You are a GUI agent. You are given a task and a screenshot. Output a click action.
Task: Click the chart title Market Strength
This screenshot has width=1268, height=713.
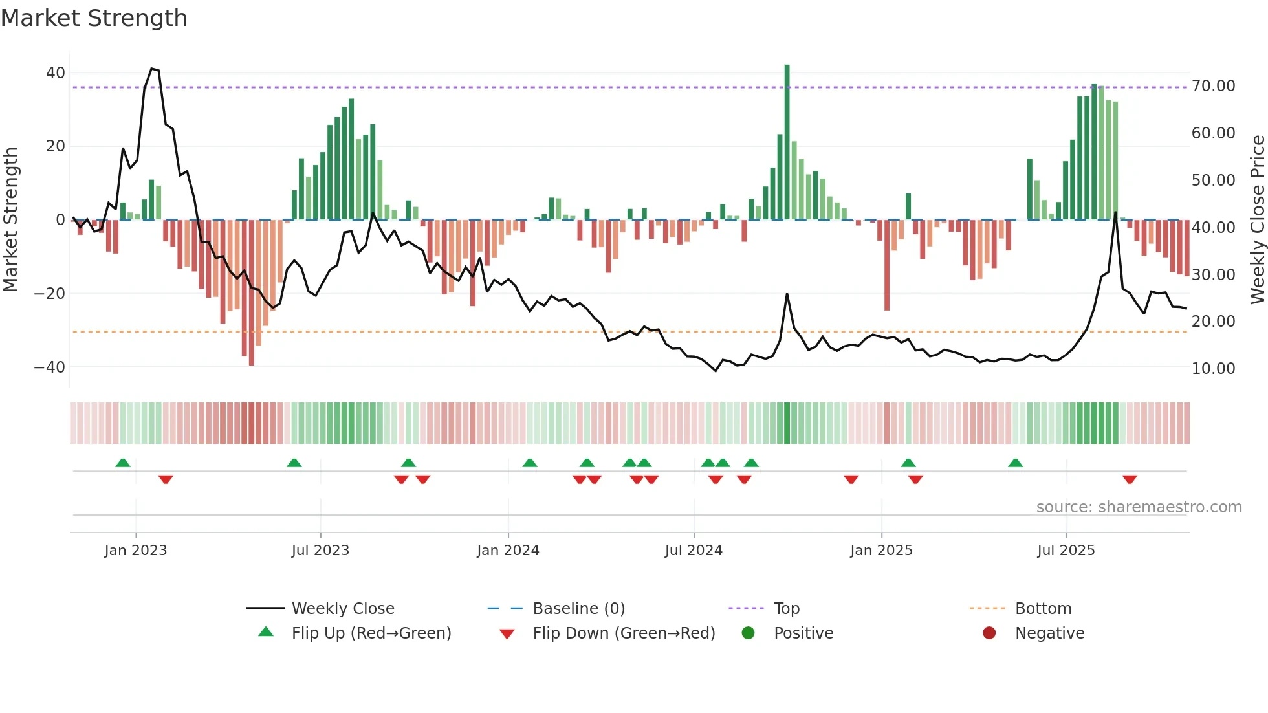pyautogui.click(x=94, y=18)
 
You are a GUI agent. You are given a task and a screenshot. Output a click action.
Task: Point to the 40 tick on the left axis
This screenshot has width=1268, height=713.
pyautogui.click(x=56, y=73)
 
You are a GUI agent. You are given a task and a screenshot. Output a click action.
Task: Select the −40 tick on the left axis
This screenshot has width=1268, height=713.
pyautogui.click(x=49, y=367)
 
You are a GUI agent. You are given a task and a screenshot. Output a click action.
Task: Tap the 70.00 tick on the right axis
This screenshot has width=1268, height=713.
pyautogui.click(x=1213, y=86)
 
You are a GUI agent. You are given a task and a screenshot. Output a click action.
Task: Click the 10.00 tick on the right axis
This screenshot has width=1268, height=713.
pyautogui.click(x=1213, y=369)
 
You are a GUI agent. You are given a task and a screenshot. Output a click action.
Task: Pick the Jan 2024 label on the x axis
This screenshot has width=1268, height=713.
pyautogui.click(x=508, y=551)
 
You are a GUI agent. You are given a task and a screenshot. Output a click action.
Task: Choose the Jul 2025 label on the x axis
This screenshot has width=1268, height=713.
pyautogui.click(x=1066, y=551)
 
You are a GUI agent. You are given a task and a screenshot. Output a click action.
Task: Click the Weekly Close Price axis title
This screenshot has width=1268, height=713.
pyautogui.click(x=1257, y=219)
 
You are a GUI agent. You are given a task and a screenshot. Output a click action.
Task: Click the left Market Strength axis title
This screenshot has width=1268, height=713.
pyautogui.click(x=11, y=219)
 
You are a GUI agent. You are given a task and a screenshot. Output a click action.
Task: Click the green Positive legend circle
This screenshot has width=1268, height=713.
pyautogui.click(x=749, y=633)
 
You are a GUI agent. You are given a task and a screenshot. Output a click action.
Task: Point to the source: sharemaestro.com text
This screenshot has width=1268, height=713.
pyautogui.click(x=1139, y=507)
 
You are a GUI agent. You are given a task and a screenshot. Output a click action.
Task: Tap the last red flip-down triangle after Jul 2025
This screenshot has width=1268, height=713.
pyautogui.click(x=1130, y=479)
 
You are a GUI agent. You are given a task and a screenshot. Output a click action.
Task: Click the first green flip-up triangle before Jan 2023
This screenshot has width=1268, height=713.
pyautogui.click(x=123, y=463)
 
